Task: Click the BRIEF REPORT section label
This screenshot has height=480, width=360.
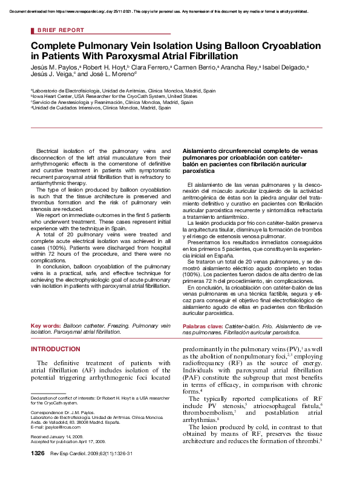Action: pyautogui.click(x=61, y=30)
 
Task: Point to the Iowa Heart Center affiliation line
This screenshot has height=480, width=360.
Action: pyautogui.click(x=115, y=96)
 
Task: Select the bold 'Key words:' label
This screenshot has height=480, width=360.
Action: pyautogui.click(x=46, y=326)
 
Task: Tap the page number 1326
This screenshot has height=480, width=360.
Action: pyautogui.click(x=38, y=470)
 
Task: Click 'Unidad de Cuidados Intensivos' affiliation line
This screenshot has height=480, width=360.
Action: pyautogui.click(x=97, y=108)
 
